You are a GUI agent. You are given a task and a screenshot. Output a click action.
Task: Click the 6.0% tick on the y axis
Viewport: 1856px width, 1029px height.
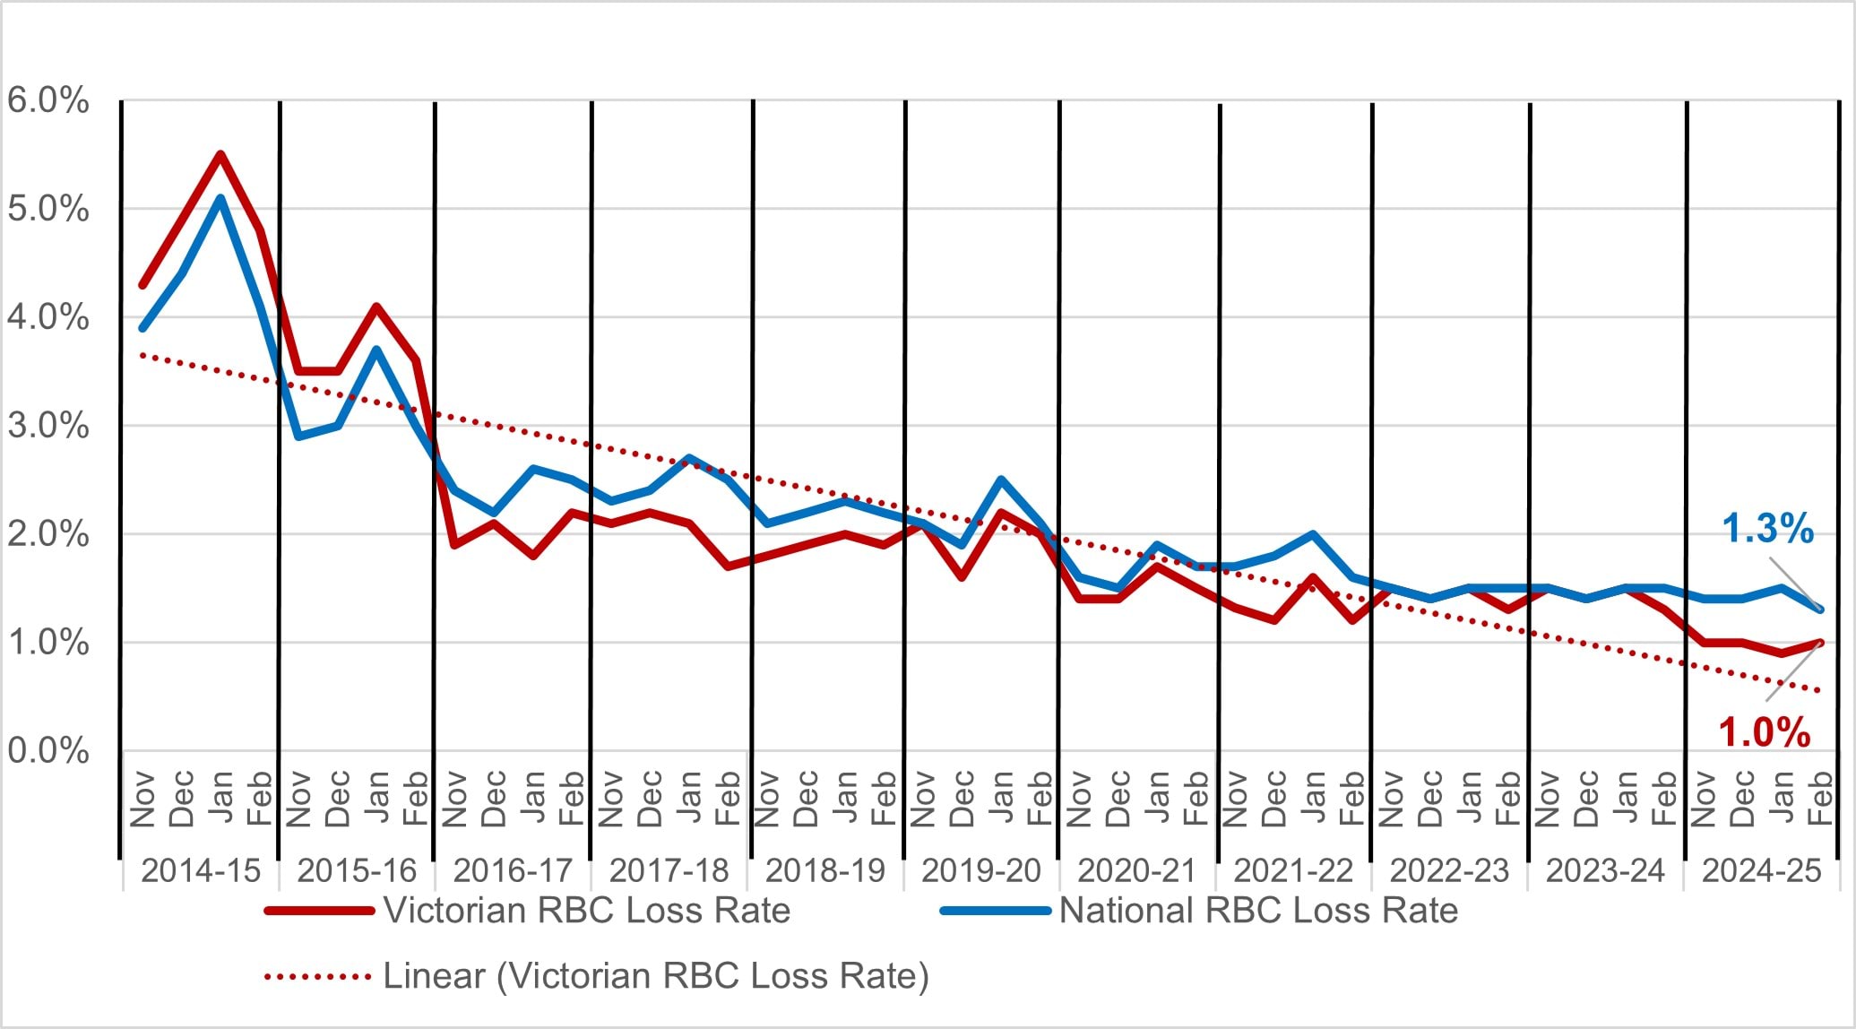tap(47, 100)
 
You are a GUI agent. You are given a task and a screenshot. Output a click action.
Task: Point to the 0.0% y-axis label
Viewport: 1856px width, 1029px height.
tap(47, 751)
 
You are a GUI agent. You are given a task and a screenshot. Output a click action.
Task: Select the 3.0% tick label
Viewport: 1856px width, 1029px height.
tap(47, 426)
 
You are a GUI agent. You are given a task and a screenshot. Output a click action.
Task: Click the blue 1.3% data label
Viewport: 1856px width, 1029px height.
tap(1767, 529)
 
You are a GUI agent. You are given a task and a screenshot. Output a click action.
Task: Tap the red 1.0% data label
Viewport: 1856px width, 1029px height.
tap(1764, 733)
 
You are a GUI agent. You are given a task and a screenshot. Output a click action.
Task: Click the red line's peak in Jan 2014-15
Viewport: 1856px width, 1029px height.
tap(220, 154)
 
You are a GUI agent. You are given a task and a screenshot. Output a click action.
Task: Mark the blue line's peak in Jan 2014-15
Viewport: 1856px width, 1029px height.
tap(220, 198)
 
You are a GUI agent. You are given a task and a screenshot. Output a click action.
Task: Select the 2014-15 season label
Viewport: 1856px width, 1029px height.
tap(201, 870)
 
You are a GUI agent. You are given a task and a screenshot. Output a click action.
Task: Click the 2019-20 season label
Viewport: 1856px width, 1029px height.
tap(980, 870)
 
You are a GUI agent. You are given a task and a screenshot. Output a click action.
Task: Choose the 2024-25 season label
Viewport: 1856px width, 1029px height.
tap(1761, 870)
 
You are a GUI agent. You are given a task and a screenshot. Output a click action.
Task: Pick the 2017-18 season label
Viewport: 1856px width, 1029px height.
tap(669, 870)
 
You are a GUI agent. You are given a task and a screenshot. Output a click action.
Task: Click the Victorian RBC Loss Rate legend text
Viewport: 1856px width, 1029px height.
tap(587, 911)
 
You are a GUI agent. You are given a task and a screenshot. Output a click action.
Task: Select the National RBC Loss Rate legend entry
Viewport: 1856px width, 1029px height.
tap(1258, 911)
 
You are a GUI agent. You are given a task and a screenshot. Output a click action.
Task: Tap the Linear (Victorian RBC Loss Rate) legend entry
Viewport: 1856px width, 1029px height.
tap(656, 976)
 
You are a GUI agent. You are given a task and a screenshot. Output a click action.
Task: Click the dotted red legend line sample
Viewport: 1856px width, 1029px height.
tap(318, 976)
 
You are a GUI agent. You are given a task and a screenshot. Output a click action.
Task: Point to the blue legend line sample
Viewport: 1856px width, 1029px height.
tap(995, 911)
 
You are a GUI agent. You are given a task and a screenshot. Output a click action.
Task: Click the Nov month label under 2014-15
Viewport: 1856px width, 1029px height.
tap(143, 798)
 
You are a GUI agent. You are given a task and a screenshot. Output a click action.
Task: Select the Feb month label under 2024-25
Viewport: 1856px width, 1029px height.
tap(1820, 798)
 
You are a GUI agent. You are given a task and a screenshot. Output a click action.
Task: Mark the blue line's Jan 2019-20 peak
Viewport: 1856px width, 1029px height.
tap(1001, 480)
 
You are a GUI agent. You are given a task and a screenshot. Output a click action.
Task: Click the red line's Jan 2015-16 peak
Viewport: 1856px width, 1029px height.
tap(376, 307)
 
